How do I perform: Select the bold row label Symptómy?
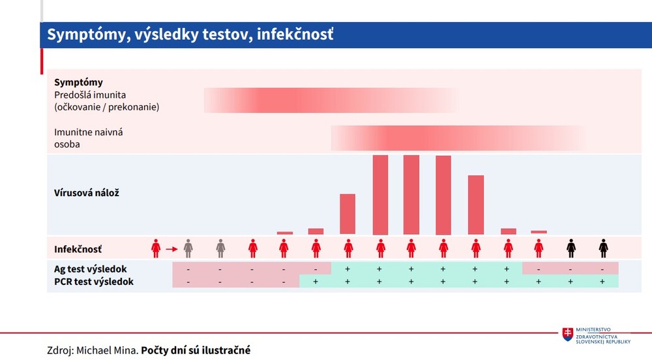pyautogui.click(x=78, y=82)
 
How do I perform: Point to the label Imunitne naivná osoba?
pyautogui.click(x=89, y=138)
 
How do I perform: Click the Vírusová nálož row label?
pyautogui.click(x=86, y=193)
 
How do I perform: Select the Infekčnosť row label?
pyautogui.click(x=78, y=249)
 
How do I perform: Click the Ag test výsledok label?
pyautogui.click(x=90, y=269)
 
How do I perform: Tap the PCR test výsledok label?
pyautogui.click(x=93, y=282)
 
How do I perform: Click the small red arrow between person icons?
pyautogui.click(x=171, y=248)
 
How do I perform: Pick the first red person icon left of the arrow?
pyautogui.click(x=156, y=248)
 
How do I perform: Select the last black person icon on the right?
pyautogui.click(x=603, y=248)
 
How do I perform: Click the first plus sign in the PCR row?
pyautogui.click(x=316, y=282)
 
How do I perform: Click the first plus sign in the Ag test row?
pyautogui.click(x=347, y=269)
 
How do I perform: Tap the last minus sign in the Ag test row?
pyautogui.click(x=602, y=269)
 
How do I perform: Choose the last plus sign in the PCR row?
pyautogui.click(x=602, y=282)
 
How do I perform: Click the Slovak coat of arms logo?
pyautogui.click(x=569, y=335)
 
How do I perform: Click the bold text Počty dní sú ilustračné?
pyautogui.click(x=196, y=350)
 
